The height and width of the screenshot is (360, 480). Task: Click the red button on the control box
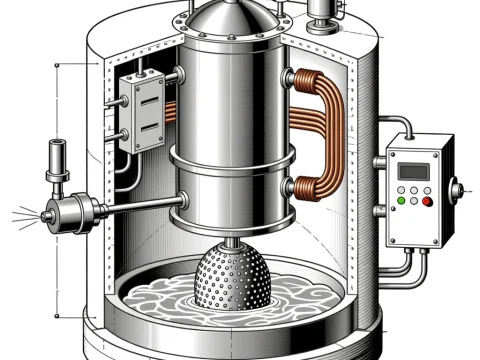(x=427, y=202)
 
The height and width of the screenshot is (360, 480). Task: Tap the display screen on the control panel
(x=413, y=171)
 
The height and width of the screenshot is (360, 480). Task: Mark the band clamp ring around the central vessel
(x=232, y=156)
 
